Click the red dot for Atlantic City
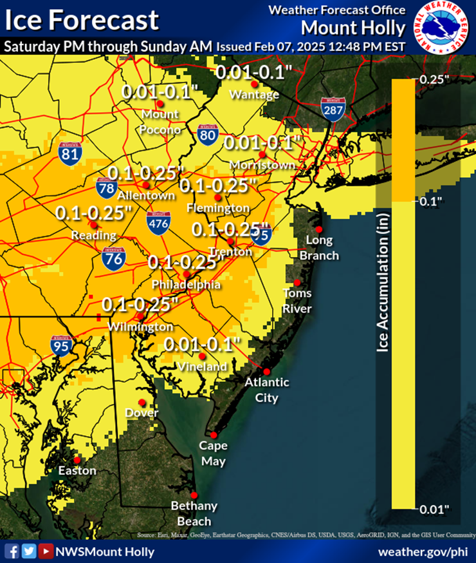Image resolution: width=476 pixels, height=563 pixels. (266, 372)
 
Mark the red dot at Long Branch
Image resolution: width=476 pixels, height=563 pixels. (318, 229)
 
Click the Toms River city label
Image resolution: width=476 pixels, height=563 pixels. (297, 301)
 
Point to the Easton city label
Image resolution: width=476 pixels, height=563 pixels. (77, 471)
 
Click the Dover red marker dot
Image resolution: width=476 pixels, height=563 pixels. (142, 402)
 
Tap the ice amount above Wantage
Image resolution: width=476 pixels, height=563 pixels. (250, 72)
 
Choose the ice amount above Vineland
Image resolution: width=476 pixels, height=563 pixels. (202, 344)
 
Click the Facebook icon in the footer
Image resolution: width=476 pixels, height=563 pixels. (12, 551)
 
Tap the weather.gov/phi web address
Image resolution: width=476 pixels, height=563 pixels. (422, 551)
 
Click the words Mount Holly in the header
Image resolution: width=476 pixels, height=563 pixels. (353, 28)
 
